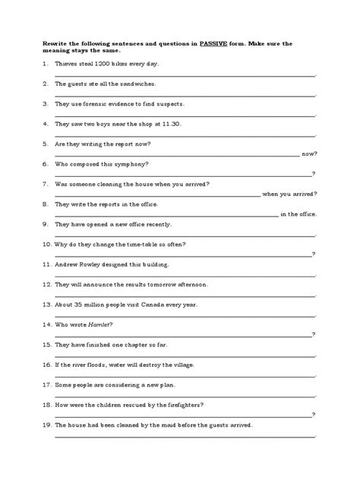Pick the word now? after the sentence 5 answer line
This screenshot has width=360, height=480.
click(309, 153)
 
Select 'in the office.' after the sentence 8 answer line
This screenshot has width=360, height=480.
click(299, 213)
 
